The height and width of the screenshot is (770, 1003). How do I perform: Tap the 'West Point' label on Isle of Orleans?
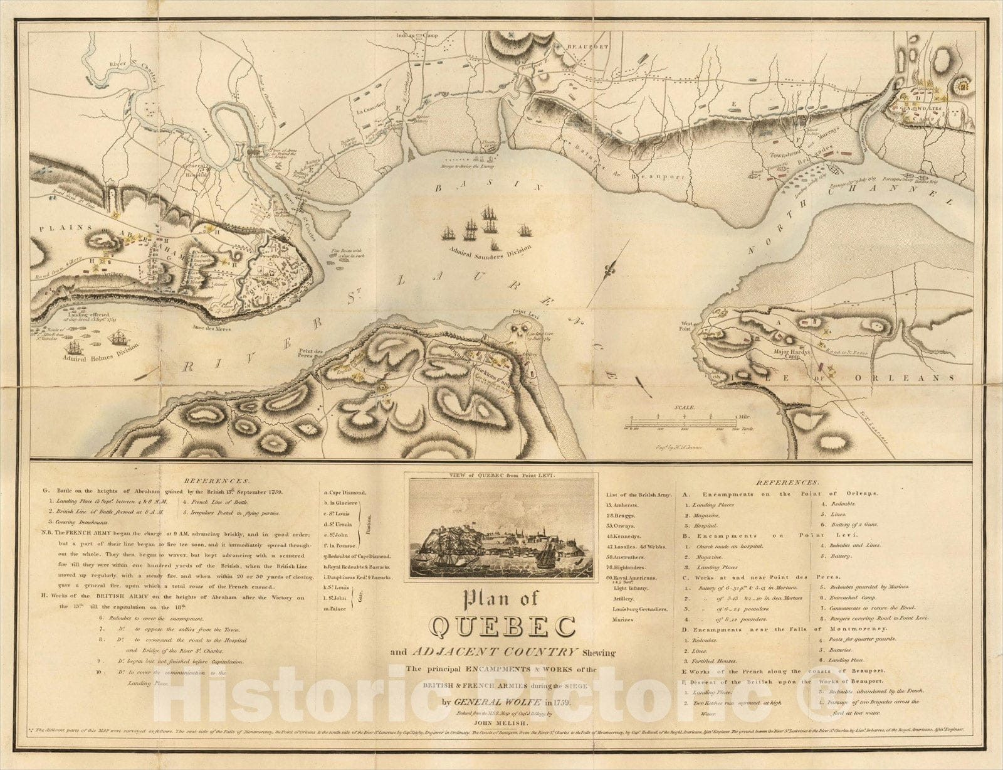[689, 326]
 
